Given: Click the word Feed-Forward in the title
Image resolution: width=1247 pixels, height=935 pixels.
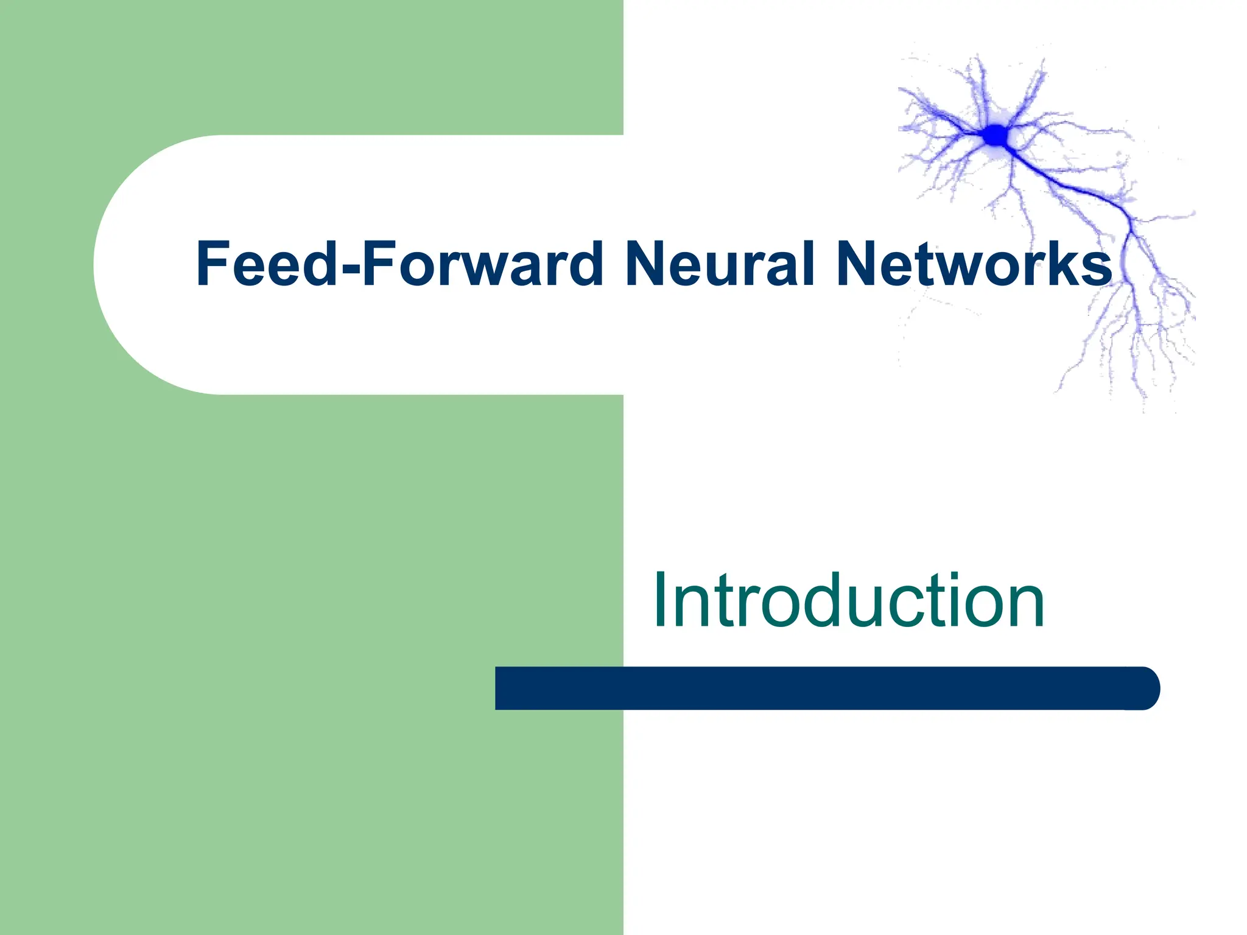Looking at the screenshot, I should tap(399, 263).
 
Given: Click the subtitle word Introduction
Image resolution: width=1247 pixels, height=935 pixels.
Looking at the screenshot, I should tap(849, 601).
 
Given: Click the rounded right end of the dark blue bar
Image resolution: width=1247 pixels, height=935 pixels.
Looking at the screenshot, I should tap(1145, 688).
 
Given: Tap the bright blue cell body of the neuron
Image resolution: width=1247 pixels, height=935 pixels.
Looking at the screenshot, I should tap(996, 135).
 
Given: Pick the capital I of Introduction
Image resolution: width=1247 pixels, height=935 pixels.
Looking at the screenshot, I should tap(659, 601).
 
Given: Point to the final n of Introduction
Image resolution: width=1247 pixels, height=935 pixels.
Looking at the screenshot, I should tap(1025, 609).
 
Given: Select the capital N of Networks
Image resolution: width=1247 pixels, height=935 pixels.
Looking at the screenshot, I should tap(857, 263).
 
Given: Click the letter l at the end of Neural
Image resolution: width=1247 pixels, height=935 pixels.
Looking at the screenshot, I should tap(809, 263).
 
